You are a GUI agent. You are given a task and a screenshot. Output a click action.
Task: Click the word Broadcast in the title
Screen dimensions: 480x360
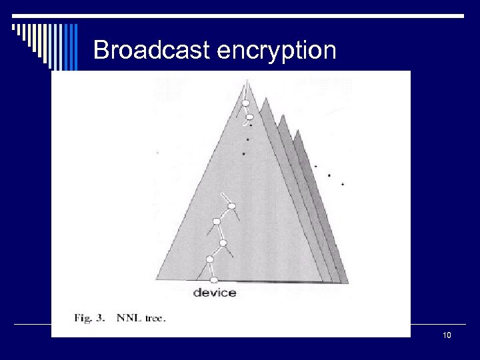[152, 51]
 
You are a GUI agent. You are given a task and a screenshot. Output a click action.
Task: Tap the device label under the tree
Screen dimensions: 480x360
[214, 293]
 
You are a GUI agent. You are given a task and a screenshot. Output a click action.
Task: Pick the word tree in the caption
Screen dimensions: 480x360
[154, 318]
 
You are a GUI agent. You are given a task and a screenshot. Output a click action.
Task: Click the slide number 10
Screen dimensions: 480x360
[447, 335]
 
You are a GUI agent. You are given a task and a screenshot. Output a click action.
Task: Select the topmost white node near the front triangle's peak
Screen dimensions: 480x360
[245, 103]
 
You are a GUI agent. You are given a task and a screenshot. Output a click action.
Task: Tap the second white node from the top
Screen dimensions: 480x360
[249, 117]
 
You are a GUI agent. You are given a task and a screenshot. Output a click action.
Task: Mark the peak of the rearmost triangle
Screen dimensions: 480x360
[295, 130]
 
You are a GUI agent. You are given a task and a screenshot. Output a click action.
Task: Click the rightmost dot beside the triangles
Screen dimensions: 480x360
[343, 183]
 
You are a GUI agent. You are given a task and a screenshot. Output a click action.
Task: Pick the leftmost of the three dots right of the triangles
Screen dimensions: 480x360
[315, 166]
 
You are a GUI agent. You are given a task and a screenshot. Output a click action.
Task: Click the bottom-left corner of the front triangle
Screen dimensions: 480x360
[157, 281]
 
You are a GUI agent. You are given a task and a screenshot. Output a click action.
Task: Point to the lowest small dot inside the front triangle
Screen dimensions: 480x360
[243, 154]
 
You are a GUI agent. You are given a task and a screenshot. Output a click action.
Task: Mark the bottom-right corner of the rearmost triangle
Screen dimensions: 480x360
[349, 283]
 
